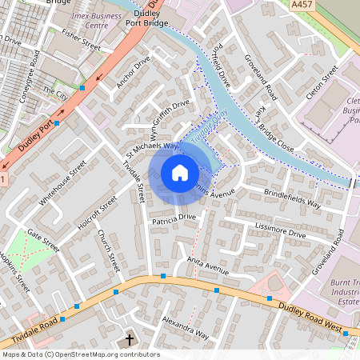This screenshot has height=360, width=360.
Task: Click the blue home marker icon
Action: click(x=180, y=173)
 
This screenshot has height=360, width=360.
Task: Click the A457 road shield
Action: click(x=302, y=5)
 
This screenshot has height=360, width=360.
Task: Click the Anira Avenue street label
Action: click(x=207, y=264)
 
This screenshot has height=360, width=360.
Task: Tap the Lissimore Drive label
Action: click(x=280, y=231)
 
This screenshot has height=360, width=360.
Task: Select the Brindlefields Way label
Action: click(x=292, y=199)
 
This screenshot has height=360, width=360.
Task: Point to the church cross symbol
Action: click(x=130, y=340)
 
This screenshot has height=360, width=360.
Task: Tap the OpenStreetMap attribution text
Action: click(x=80, y=354)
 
